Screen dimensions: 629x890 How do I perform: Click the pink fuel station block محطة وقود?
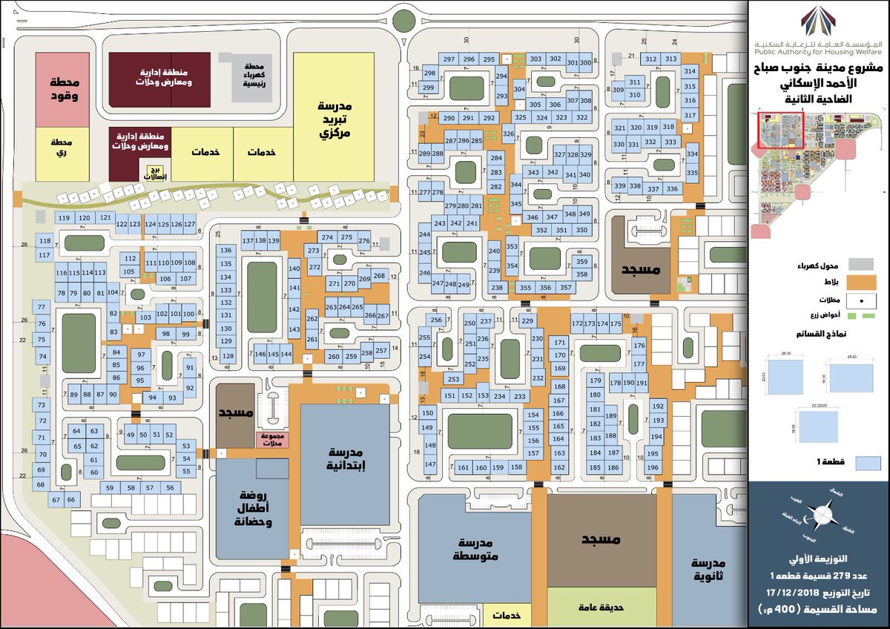pyautogui.click(x=63, y=88)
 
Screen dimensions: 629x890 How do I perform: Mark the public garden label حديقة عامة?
pyautogui.click(x=601, y=606)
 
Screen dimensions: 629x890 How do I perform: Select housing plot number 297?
pyautogui.click(x=449, y=59)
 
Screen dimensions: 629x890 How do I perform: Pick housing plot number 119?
pyautogui.click(x=64, y=218)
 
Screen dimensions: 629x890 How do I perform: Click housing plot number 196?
pyautogui.click(x=653, y=468)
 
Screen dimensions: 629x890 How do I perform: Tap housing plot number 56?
pyautogui.click(x=170, y=487)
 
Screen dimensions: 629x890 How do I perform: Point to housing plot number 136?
pyautogui.click(x=226, y=251)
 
